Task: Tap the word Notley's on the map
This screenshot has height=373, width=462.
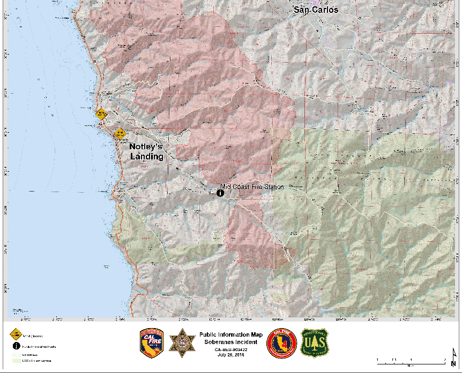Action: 146,147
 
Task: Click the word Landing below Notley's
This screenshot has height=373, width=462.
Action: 147,156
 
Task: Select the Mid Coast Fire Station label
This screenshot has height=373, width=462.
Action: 252,187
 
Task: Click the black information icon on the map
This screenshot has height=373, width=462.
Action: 220,193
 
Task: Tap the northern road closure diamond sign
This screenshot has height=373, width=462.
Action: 101,113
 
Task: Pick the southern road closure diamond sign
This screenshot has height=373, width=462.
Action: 119,133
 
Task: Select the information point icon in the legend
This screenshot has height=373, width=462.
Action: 14,346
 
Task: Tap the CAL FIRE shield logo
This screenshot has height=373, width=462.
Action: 150,342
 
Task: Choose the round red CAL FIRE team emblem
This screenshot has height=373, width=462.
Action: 281,342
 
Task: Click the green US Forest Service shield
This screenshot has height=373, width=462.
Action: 315,342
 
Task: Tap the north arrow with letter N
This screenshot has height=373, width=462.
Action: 453,355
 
